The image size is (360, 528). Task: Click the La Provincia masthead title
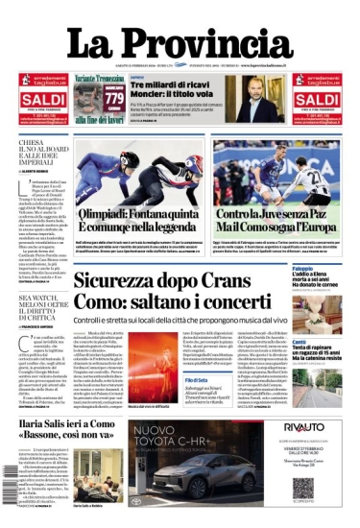click(179, 44)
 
